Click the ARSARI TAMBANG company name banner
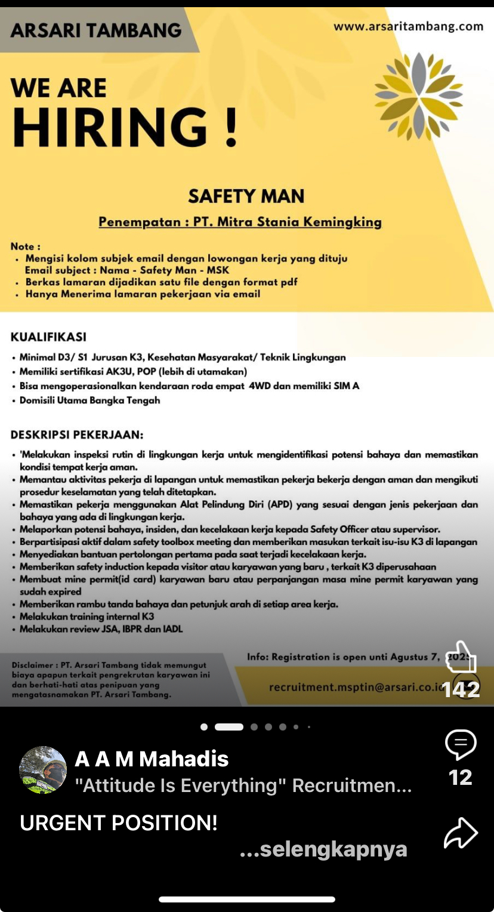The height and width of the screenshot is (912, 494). pyautogui.click(x=96, y=30)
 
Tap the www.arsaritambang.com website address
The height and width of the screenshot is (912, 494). pyautogui.click(x=408, y=26)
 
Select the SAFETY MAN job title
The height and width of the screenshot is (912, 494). pyautogui.click(x=246, y=196)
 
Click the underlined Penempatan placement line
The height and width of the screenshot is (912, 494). pyautogui.click(x=240, y=222)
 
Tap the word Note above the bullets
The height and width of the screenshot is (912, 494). pyautogui.click(x=25, y=247)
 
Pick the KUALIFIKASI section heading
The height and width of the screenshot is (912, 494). pyautogui.click(x=48, y=337)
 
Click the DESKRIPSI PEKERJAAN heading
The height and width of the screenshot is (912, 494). pyautogui.click(x=77, y=435)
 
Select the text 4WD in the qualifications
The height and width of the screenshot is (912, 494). pyautogui.click(x=260, y=386)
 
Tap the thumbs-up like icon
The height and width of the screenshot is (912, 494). pyautogui.click(x=462, y=658)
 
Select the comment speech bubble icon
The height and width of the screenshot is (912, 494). pyautogui.click(x=461, y=744)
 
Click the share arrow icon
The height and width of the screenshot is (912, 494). pyautogui.click(x=461, y=833)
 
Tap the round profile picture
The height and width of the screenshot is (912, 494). pyautogui.click(x=43, y=769)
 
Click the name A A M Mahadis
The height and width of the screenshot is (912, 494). pyautogui.click(x=152, y=759)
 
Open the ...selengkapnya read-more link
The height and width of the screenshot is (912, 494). pyautogui.click(x=323, y=849)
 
